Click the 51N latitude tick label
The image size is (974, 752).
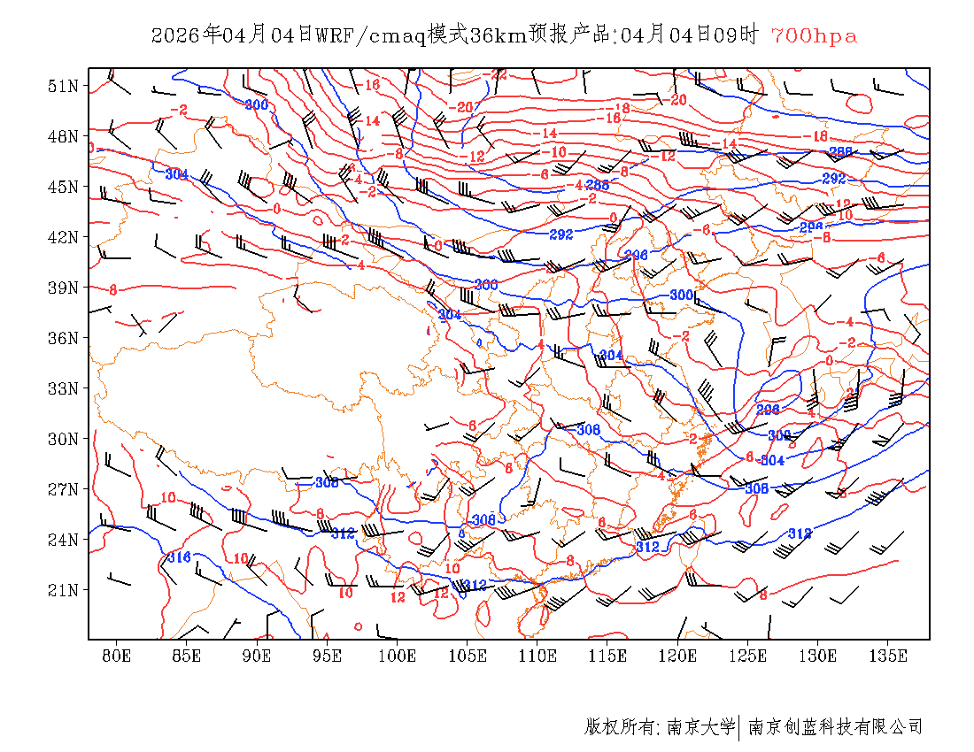pos(64,86)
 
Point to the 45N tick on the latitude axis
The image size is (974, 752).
pos(64,187)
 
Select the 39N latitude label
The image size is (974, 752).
pos(64,288)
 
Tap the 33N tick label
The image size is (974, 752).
pos(64,388)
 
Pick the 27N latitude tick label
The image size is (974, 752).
pos(64,489)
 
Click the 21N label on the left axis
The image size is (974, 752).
pos(64,590)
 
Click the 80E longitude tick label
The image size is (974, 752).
pos(116,656)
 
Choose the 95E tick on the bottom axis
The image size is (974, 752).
pos(327,656)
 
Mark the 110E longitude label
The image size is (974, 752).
pos(537,656)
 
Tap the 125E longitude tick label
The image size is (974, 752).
pos(748,656)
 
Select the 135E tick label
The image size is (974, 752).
pos(888,656)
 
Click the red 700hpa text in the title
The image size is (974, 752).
pos(814,36)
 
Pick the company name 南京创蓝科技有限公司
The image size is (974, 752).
pos(835,727)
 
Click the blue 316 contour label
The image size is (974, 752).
pos(179,557)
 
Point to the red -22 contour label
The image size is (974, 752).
pos(499,75)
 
